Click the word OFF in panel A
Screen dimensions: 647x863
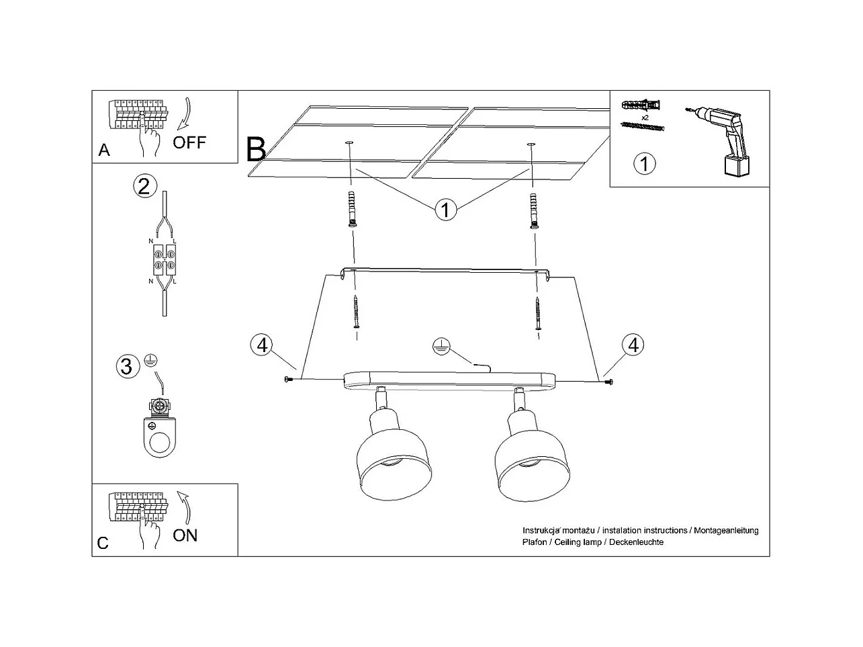(189, 142)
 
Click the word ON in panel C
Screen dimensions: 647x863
(185, 535)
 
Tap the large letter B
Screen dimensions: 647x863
(256, 149)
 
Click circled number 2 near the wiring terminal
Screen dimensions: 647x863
(144, 185)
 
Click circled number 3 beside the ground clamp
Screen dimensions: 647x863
(126, 367)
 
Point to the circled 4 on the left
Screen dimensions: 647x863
(263, 345)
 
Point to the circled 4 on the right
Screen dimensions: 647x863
(632, 345)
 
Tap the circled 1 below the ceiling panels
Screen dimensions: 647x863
(445, 210)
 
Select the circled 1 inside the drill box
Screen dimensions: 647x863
(645, 163)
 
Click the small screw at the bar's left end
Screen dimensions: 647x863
(289, 380)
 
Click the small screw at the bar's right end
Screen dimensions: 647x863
(608, 382)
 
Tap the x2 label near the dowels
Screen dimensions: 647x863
(645, 117)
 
